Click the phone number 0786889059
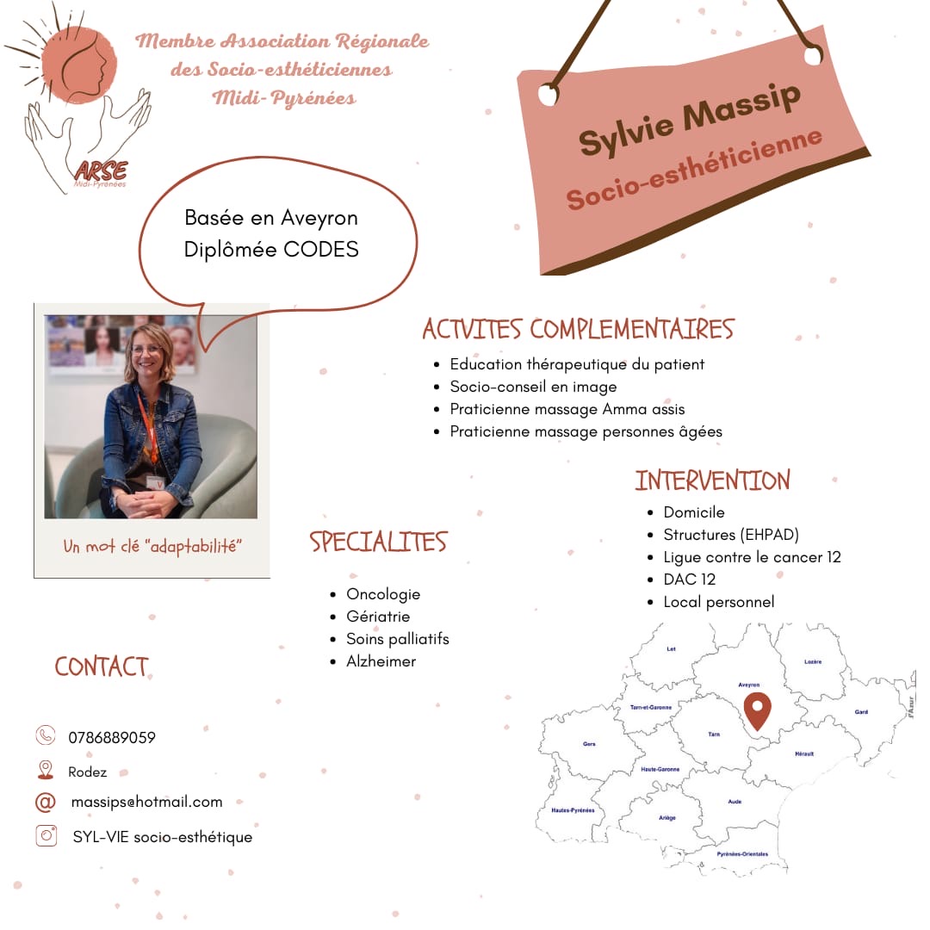point(112,737)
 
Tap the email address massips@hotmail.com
point(146,802)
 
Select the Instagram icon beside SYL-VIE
point(46,835)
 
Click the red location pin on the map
point(757,709)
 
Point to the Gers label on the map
point(589,743)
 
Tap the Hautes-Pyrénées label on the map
point(573,810)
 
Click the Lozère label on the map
point(812,661)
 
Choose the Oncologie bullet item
point(383,594)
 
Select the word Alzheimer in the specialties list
point(381,661)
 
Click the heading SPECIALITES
point(379,542)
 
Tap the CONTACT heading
point(102,666)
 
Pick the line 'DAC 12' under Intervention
point(689,580)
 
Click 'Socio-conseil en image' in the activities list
point(533,387)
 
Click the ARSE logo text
point(100,170)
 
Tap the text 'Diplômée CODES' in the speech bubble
point(271,249)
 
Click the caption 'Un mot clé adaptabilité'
point(152,546)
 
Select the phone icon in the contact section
point(46,735)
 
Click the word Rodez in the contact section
point(88,772)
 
